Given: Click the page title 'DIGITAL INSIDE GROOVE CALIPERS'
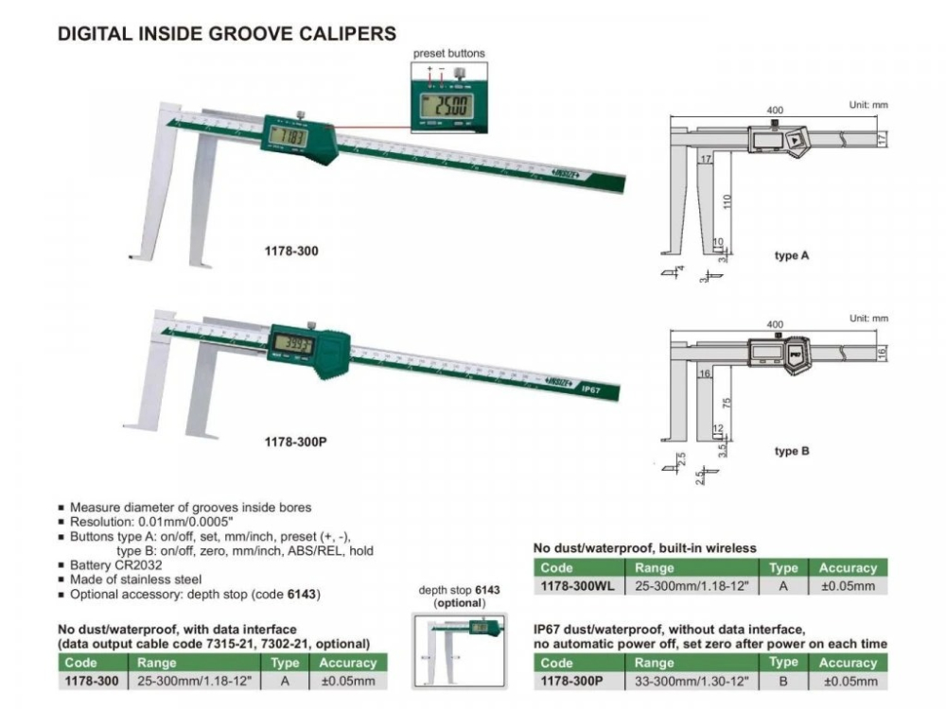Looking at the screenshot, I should [227, 34].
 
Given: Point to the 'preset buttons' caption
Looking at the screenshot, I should [448, 54].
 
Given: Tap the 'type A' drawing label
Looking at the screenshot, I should [791, 256].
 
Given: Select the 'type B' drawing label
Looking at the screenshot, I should [791, 451].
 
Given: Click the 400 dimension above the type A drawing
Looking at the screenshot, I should [776, 111].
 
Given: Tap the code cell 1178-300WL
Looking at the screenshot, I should [576, 586].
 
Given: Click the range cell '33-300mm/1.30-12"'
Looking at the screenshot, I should [692, 682].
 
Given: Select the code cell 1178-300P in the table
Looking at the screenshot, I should [572, 682].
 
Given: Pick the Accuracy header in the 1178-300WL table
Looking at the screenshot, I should [848, 568].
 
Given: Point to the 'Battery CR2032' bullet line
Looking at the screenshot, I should [109, 564].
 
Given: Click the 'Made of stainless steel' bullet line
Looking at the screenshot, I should [135, 579].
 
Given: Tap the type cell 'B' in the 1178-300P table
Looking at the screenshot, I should [783, 682].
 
